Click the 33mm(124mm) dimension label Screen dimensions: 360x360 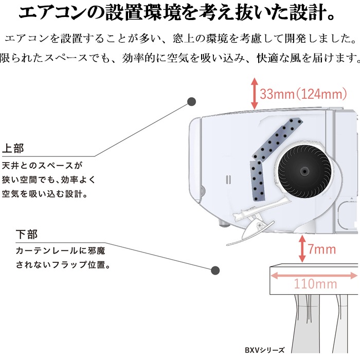click(x=303, y=94)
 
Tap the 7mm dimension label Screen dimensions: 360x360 click(x=321, y=249)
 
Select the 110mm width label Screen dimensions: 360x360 click(x=315, y=284)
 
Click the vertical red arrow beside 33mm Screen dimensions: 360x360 click(x=254, y=94)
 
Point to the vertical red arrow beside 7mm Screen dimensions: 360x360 click(x=302, y=248)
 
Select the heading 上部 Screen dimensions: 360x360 click(x=13, y=148)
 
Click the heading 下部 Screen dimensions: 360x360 click(x=27, y=235)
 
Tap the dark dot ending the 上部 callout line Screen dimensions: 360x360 click(x=191, y=101)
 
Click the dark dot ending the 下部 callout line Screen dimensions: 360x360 click(x=215, y=271)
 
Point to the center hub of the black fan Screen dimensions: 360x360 click(x=304, y=171)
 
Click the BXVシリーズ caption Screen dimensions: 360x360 click(x=264, y=350)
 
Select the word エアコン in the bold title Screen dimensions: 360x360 click(x=52, y=13)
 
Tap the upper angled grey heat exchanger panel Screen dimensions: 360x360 click(x=277, y=139)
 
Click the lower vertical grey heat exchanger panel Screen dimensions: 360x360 click(x=257, y=181)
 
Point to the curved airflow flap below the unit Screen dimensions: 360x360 click(x=250, y=233)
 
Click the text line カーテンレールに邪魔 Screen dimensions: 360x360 click(x=60, y=250)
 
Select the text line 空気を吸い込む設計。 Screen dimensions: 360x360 click(x=45, y=194)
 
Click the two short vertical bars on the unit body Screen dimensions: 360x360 click(x=228, y=180)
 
